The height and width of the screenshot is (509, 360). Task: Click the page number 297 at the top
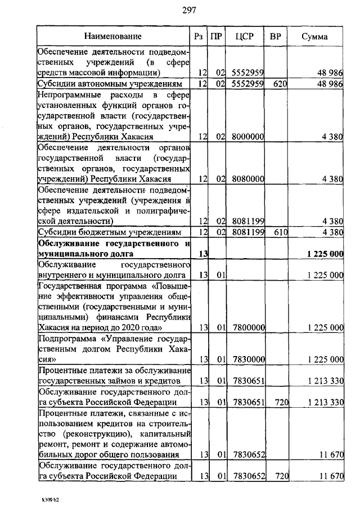[188, 9]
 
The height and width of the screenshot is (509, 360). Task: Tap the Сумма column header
[315, 37]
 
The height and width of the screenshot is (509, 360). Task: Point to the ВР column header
[276, 37]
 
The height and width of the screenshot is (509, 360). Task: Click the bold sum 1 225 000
[325, 254]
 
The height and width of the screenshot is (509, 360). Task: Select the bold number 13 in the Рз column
[204, 254]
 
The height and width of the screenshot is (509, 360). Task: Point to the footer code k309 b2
[49, 499]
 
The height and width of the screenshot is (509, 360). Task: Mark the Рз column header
[198, 37]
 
